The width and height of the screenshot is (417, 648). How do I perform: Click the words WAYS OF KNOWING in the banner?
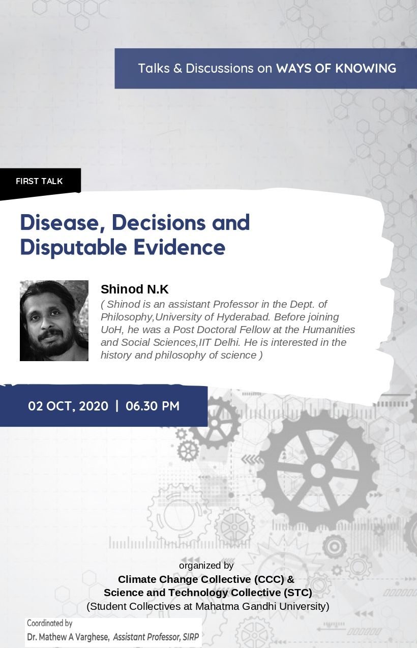(336, 69)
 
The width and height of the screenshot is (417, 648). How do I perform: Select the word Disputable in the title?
(73, 248)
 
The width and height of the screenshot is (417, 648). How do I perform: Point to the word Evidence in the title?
(180, 247)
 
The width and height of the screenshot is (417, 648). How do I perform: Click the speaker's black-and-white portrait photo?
(54, 320)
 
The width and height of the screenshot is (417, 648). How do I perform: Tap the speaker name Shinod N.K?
(134, 289)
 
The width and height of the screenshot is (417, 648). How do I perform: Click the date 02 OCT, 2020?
(68, 406)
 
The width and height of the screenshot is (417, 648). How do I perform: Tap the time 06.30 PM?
(153, 406)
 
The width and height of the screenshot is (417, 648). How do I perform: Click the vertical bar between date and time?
(117, 406)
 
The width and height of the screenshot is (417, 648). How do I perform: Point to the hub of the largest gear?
(318, 470)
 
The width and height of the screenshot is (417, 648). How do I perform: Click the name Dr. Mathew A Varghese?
(68, 637)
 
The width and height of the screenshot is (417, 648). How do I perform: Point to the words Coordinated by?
(49, 623)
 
